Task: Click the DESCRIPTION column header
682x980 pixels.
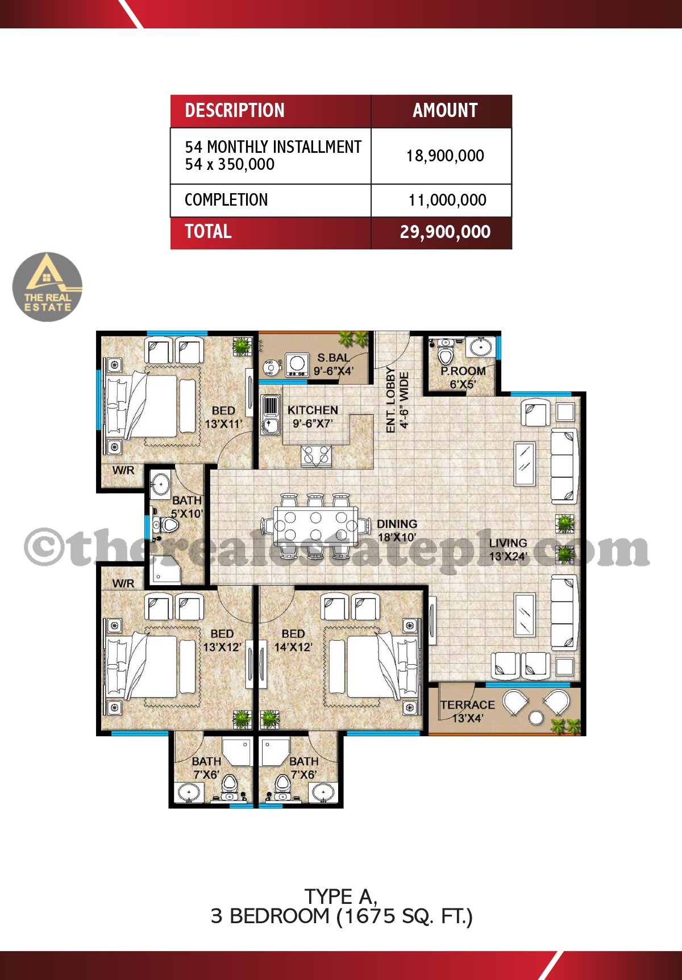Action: pyautogui.click(x=235, y=110)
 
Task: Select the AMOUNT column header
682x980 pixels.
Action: pyautogui.click(x=445, y=110)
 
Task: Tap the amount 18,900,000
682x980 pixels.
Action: pyautogui.click(x=445, y=156)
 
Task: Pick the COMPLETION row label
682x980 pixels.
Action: pyautogui.click(x=226, y=200)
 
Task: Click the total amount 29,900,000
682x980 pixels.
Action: pyautogui.click(x=445, y=232)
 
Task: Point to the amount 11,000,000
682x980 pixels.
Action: pyautogui.click(x=447, y=200)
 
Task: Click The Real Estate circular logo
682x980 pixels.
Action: pyautogui.click(x=47, y=287)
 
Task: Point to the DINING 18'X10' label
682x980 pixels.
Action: pyautogui.click(x=397, y=531)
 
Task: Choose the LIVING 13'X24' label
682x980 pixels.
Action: pyautogui.click(x=508, y=549)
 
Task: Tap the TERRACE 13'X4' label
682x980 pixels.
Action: pyautogui.click(x=467, y=711)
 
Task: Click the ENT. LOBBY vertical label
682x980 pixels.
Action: pyautogui.click(x=397, y=400)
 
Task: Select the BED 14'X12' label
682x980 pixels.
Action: pyautogui.click(x=293, y=640)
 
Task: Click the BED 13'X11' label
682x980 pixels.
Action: pyautogui.click(x=223, y=417)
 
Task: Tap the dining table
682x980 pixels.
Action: pyautogui.click(x=315, y=526)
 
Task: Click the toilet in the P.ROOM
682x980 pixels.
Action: pyautogui.click(x=446, y=355)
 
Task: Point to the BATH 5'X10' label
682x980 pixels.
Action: pyautogui.click(x=187, y=507)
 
